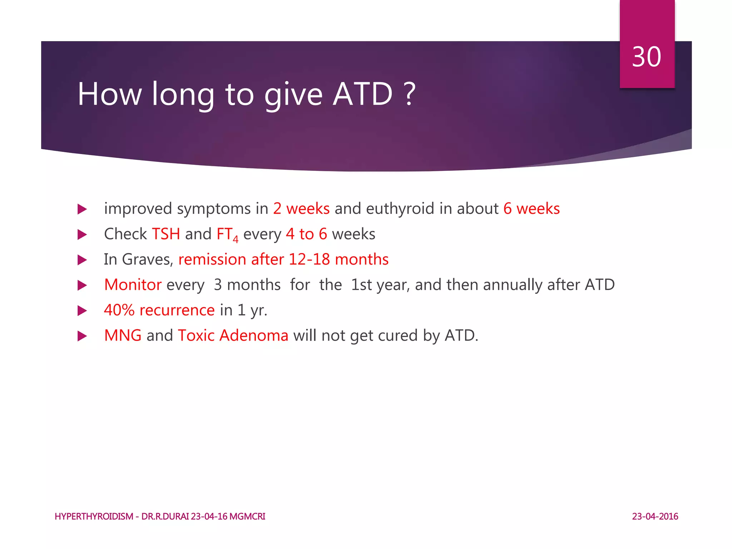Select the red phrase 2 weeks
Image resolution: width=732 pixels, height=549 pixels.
(301, 209)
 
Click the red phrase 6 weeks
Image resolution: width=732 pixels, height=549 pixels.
(531, 209)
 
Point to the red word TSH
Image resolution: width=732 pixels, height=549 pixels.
(166, 234)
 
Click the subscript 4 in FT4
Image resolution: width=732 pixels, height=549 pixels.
(236, 239)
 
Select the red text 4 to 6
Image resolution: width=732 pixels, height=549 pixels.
(306, 234)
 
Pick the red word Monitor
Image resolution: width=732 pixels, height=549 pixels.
(133, 285)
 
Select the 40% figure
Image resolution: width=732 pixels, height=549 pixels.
(119, 310)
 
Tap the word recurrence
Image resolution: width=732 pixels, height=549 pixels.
(177, 310)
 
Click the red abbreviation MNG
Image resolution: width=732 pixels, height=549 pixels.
(123, 336)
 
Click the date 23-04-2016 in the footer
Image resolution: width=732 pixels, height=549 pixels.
(655, 516)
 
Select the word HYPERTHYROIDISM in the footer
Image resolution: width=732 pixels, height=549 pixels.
(94, 516)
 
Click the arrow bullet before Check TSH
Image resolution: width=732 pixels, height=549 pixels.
(82, 235)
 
